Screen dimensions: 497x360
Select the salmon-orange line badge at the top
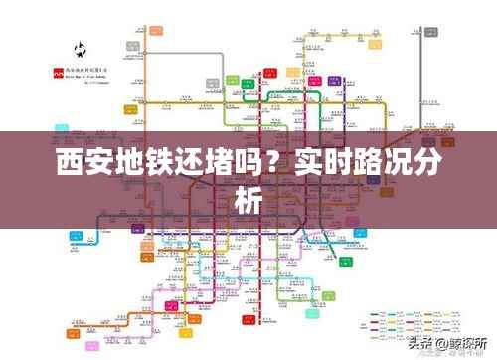click(x=156, y=31)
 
